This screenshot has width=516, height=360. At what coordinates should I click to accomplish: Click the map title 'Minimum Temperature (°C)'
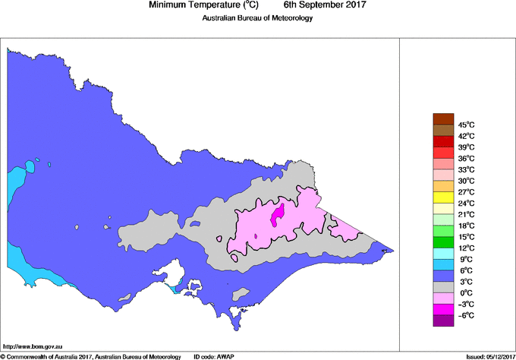pyautogui.click(x=204, y=5)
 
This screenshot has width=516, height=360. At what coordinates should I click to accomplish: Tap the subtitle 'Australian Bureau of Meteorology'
pyautogui.click(x=257, y=18)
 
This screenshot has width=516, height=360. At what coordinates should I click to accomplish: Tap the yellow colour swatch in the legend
pyautogui.click(x=443, y=197)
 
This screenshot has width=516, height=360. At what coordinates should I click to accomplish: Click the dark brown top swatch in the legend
pyautogui.click(x=443, y=118)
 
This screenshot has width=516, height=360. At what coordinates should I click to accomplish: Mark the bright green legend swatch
pyautogui.click(x=443, y=242)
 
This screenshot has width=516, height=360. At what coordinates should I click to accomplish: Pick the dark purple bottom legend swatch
pyautogui.click(x=443, y=321)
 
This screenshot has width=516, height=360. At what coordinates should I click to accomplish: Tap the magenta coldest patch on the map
pyautogui.click(x=278, y=214)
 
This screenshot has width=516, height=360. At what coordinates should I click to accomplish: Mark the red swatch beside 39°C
pyautogui.click(x=443, y=141)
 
